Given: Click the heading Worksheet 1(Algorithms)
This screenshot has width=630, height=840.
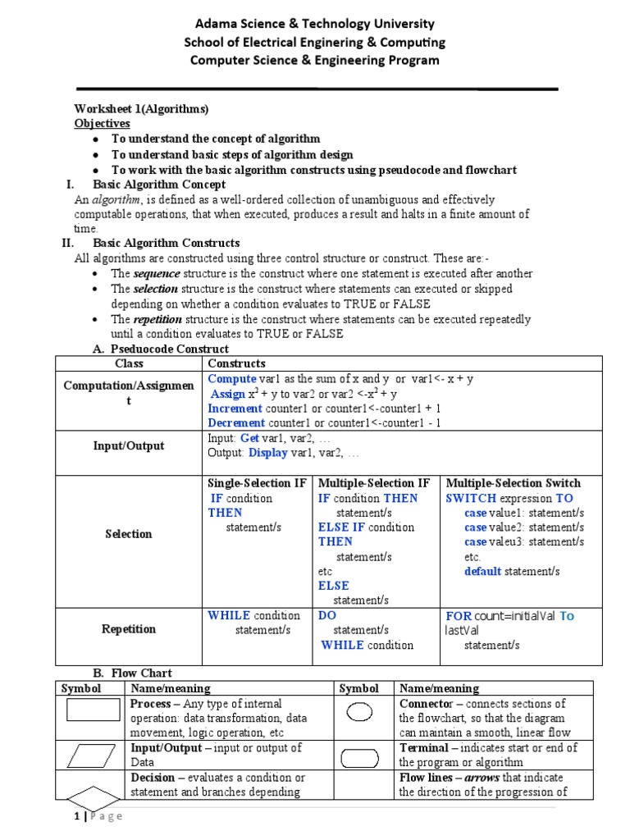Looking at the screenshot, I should point(141,109).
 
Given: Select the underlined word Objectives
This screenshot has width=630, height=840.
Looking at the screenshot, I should point(103,123).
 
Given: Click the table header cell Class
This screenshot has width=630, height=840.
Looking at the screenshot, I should point(129,363).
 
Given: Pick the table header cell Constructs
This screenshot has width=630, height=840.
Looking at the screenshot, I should point(237,363).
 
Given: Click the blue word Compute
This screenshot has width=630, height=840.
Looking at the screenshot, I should point(232,378).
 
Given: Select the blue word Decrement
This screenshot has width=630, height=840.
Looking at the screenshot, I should point(236,422).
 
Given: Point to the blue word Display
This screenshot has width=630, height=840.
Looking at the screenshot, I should point(268,452).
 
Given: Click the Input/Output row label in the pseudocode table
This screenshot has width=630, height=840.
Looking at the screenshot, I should point(129,445).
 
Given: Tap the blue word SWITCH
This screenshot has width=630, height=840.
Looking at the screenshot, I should point(471,498).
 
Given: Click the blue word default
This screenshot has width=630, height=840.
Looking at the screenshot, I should point(482,571).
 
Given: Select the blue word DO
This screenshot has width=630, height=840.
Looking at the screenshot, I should point(327,615).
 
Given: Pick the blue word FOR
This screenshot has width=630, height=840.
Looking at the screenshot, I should point(459,615).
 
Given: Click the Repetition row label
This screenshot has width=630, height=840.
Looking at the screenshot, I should point(129,629).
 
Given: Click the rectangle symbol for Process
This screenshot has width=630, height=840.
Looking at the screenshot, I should point(92,710).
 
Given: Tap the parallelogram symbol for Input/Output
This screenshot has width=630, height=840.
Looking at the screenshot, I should point(92,754).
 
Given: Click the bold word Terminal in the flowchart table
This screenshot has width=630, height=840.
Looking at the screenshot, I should point(423,747).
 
